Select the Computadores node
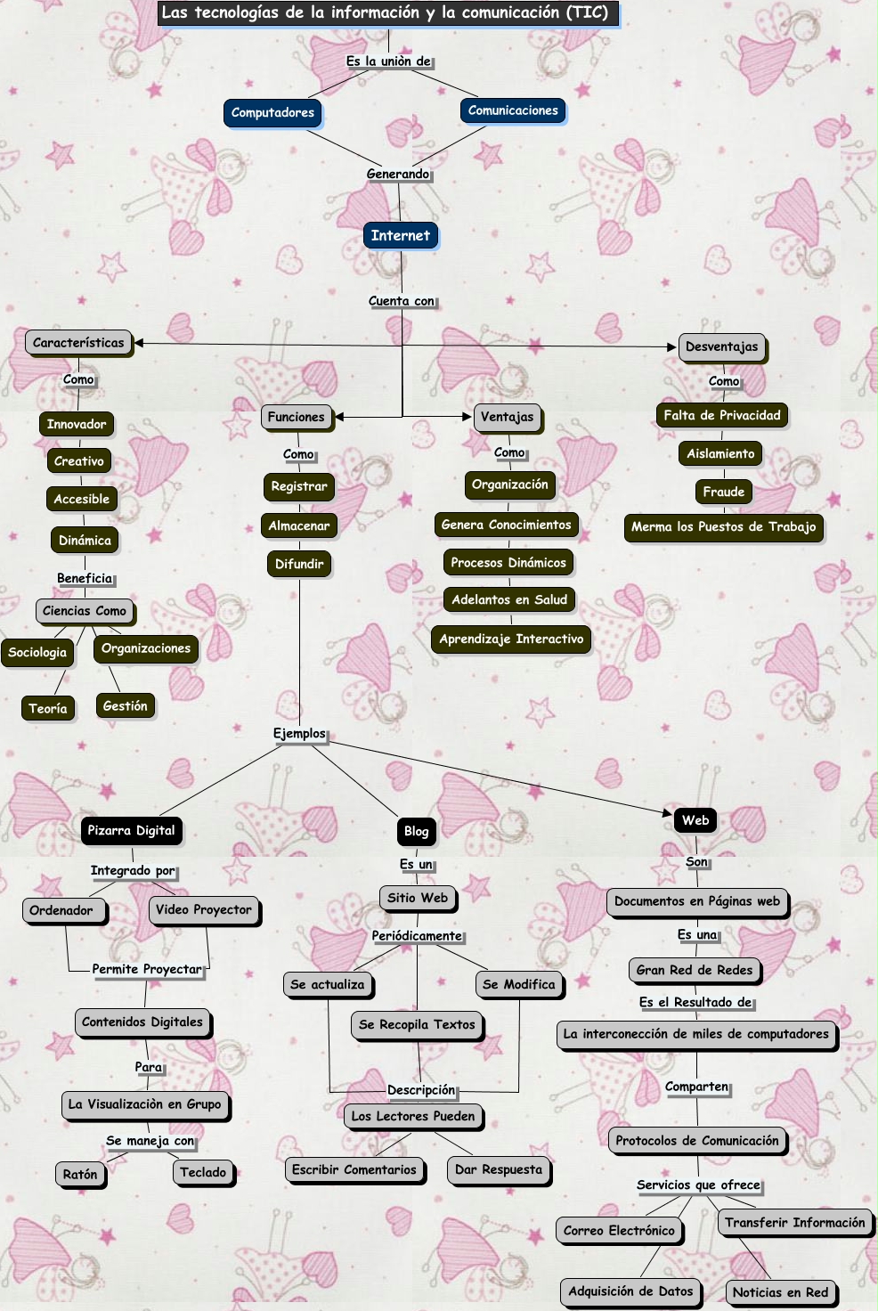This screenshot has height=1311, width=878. [272, 113]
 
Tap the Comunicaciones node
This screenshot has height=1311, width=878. [513, 111]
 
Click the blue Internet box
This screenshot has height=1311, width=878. [400, 236]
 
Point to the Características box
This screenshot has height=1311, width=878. [78, 343]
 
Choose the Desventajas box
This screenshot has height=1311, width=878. [721, 347]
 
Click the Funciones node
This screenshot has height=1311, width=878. [297, 417]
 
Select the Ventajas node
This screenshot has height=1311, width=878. [508, 417]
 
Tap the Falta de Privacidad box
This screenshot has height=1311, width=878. [721, 416]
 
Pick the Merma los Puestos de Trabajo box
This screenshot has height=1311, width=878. [723, 527]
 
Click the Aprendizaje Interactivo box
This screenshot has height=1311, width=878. [511, 639]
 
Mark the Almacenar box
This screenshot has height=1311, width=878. [299, 526]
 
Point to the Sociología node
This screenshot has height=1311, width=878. [37, 653]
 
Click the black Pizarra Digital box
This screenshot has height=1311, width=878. [131, 831]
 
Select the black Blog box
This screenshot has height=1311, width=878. [416, 832]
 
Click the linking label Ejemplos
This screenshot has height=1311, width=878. [299, 734]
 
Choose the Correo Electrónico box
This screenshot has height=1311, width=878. [619, 1231]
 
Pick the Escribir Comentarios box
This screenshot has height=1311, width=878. [354, 1170]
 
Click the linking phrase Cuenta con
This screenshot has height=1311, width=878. [402, 301]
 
